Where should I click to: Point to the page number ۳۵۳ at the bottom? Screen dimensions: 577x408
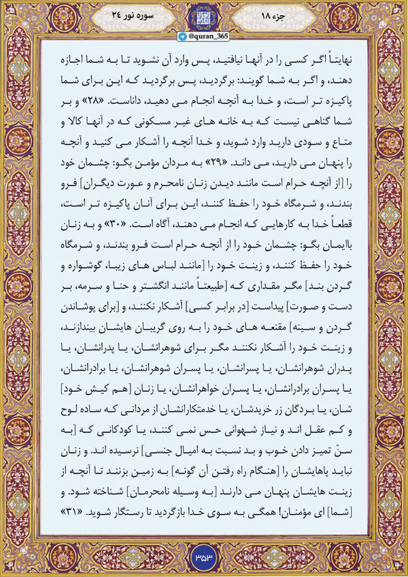204,556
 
